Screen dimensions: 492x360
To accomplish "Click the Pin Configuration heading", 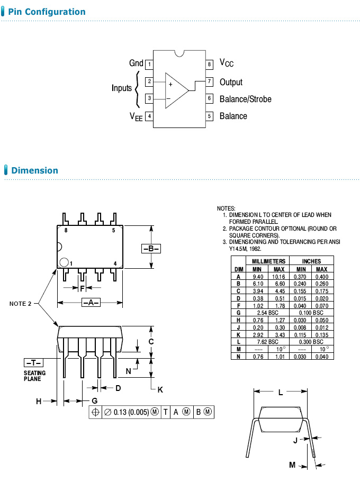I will click(47, 12).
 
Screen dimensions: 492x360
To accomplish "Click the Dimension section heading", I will click(34, 170).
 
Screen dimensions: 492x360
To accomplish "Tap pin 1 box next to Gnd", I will click(149, 65).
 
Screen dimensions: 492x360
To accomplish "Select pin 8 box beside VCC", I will click(210, 65).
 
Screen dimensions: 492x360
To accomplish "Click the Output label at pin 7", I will click(231, 82).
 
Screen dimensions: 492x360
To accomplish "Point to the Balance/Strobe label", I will click(245, 99).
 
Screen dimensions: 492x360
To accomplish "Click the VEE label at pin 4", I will click(136, 116).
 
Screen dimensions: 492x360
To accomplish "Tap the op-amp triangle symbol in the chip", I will click(175, 90).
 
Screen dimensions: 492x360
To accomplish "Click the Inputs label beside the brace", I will click(121, 88).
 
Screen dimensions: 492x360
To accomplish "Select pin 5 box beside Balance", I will click(210, 116).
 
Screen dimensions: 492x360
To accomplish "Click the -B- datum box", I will click(151, 249).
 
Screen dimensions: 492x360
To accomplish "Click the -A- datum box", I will click(91, 303).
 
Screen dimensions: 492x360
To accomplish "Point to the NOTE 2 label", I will click(20, 304).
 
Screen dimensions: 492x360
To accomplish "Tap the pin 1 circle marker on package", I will click(64, 262).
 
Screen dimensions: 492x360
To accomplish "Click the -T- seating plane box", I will click(34, 362).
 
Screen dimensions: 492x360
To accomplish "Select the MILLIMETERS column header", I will click(268, 261).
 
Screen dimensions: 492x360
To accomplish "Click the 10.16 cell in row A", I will click(278, 276).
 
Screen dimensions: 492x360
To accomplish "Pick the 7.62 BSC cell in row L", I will click(268, 342).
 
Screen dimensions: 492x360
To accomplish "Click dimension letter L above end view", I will click(281, 393).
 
